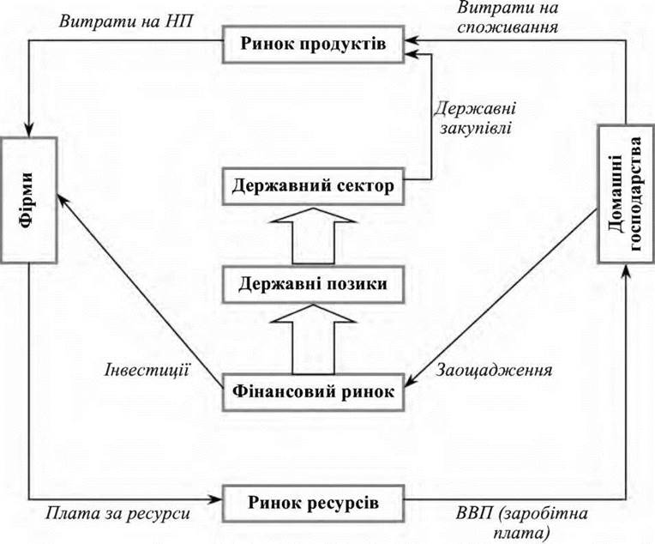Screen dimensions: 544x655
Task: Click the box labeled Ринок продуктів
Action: (x=313, y=45)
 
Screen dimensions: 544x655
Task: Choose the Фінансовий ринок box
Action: (x=313, y=392)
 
